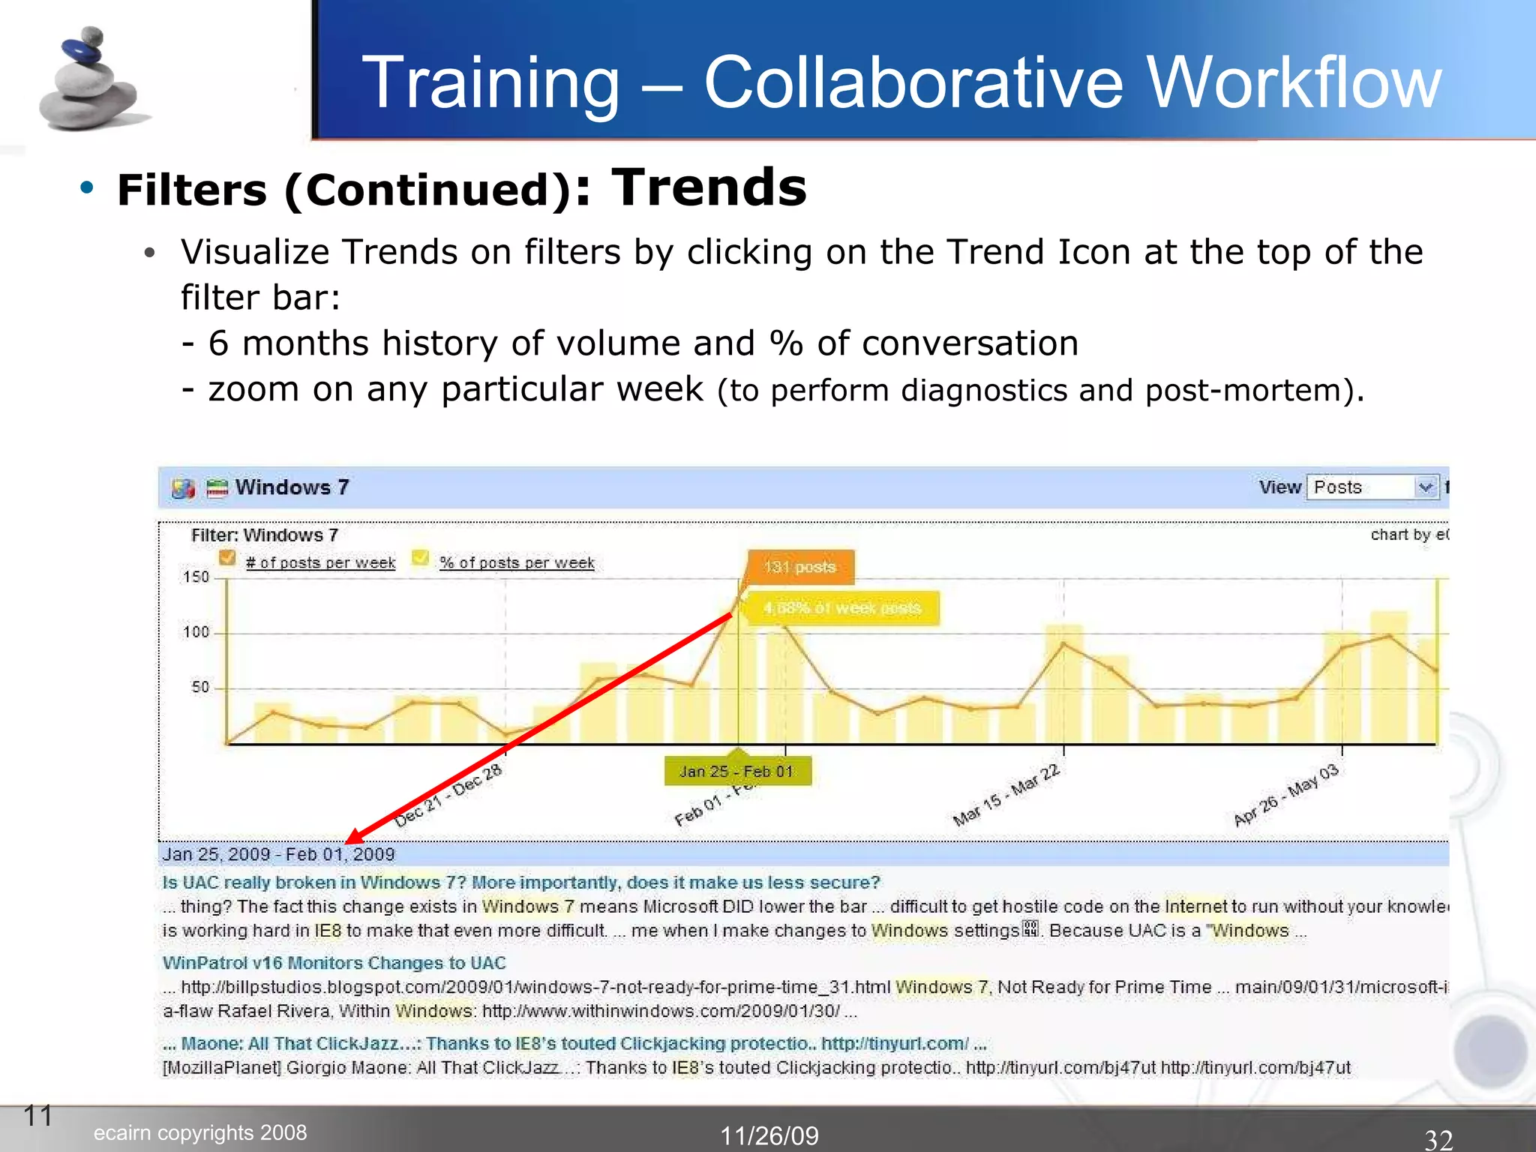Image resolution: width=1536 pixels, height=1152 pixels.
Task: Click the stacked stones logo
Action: (88, 81)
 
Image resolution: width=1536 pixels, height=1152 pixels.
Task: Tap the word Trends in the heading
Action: (709, 187)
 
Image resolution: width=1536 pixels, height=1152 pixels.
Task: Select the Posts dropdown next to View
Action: (1372, 487)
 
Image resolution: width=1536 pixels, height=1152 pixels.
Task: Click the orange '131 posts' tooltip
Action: (799, 567)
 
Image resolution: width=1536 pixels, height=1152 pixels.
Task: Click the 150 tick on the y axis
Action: (196, 577)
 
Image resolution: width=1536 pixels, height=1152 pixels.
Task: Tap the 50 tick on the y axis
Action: (199, 687)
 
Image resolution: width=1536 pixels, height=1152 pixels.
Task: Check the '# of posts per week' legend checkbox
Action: (227, 559)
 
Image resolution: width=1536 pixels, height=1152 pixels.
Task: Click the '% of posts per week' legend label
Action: (517, 562)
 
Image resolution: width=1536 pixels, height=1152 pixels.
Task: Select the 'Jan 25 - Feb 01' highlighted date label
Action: (736, 772)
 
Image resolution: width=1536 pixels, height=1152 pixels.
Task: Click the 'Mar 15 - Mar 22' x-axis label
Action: (1006, 795)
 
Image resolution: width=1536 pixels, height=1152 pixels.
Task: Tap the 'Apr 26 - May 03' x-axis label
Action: (1285, 795)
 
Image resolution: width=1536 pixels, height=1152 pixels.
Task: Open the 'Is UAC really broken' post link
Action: (520, 883)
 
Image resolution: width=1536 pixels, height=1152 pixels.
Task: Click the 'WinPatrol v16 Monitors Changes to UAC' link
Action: (334, 963)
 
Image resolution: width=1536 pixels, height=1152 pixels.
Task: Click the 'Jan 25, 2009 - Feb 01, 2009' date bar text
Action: (278, 854)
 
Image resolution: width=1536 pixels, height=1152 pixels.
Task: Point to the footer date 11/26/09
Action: (769, 1135)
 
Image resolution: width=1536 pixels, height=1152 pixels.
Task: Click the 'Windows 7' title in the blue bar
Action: (292, 487)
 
